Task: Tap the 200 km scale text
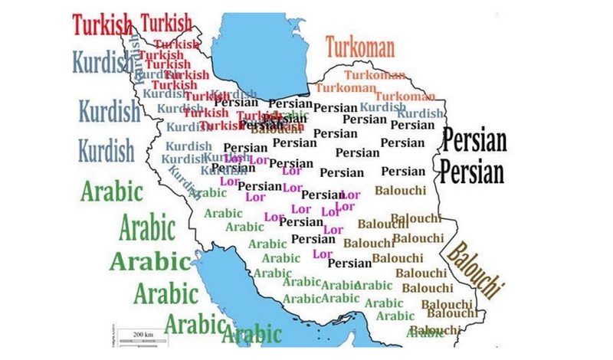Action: (x=144, y=335)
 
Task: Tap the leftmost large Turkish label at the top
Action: (x=104, y=23)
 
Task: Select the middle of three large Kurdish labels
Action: (x=110, y=110)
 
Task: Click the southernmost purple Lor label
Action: (x=323, y=254)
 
